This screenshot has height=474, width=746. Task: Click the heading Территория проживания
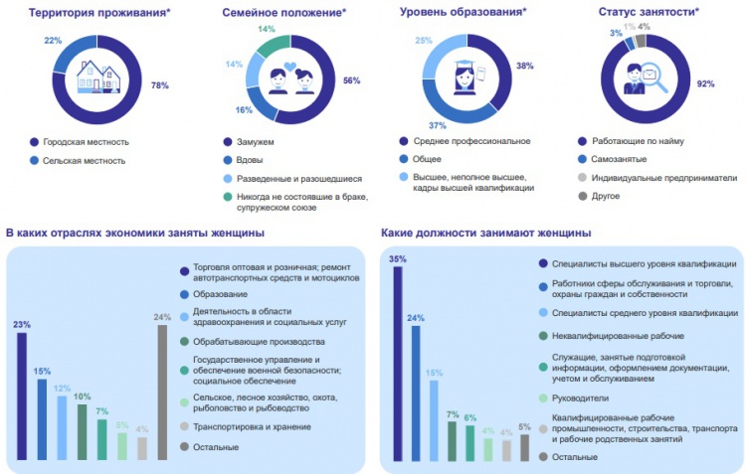[87, 13]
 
